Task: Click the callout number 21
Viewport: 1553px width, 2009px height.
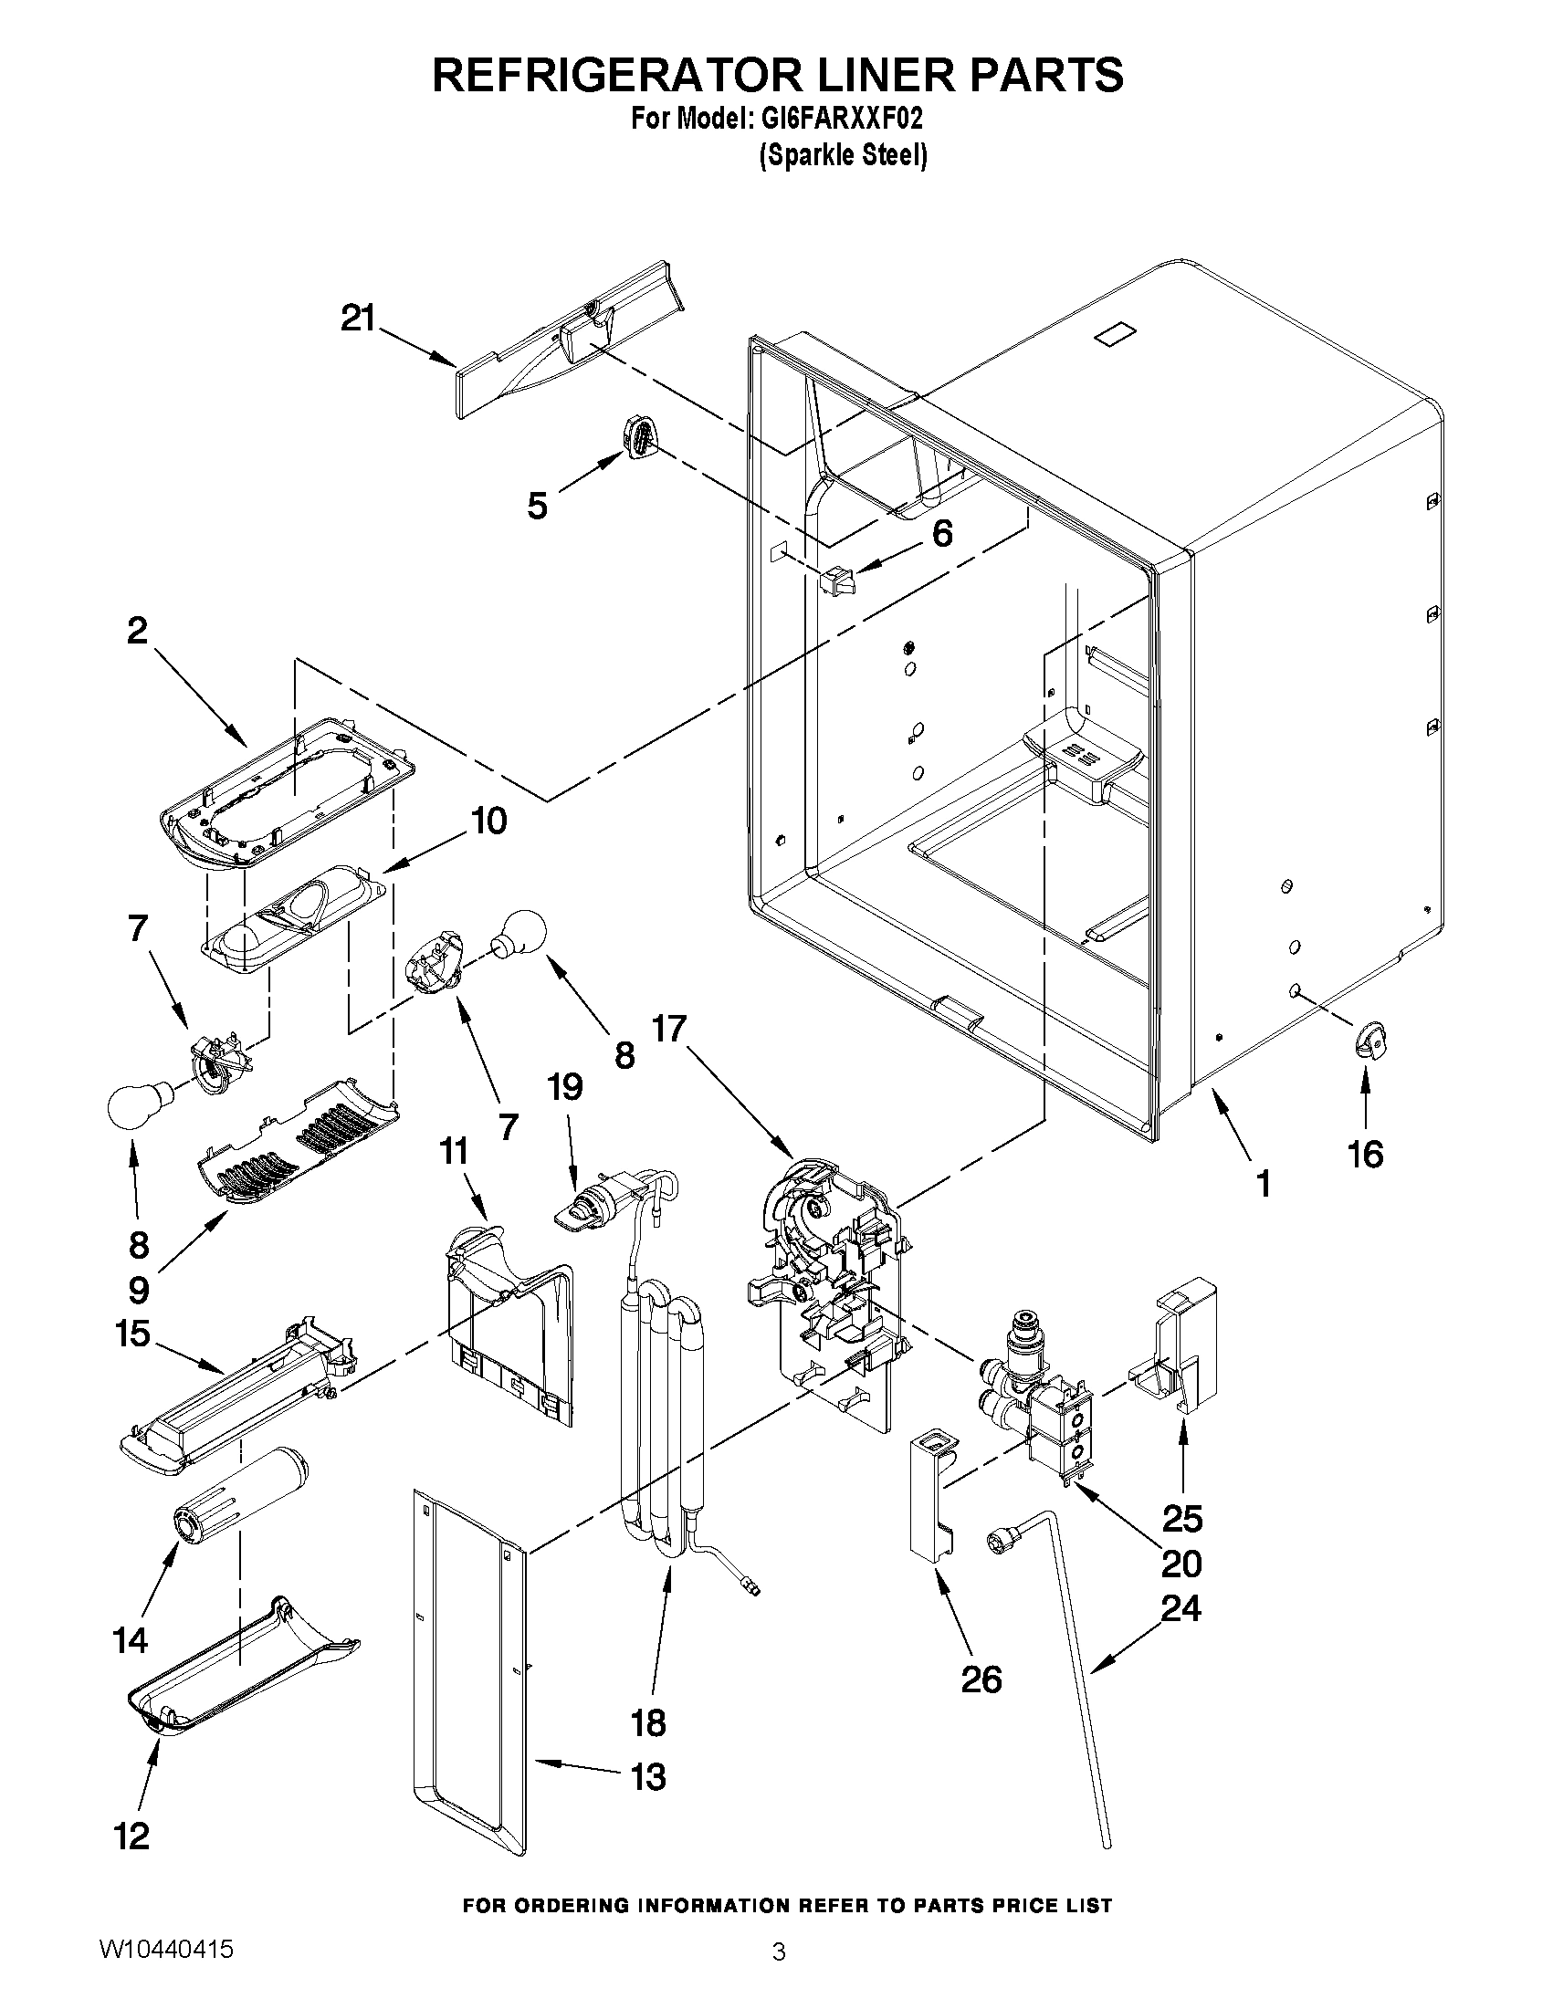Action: [x=359, y=319]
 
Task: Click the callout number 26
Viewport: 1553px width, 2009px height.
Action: [x=980, y=1679]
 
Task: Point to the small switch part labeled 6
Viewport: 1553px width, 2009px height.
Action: [x=837, y=581]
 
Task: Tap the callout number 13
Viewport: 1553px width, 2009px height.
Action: [x=647, y=1776]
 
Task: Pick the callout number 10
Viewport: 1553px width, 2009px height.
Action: [x=488, y=821]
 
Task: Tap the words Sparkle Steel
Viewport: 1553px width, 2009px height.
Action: [x=842, y=156]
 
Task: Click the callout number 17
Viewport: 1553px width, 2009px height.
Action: [x=670, y=1029]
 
